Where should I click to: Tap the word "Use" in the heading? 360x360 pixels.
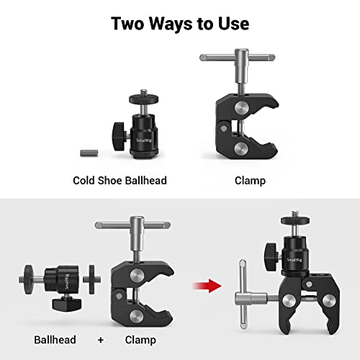click(230, 23)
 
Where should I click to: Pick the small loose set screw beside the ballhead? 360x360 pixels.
click(87, 152)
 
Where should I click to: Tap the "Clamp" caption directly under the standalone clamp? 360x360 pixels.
click(250, 180)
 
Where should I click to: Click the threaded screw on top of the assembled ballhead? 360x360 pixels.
click(294, 217)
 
